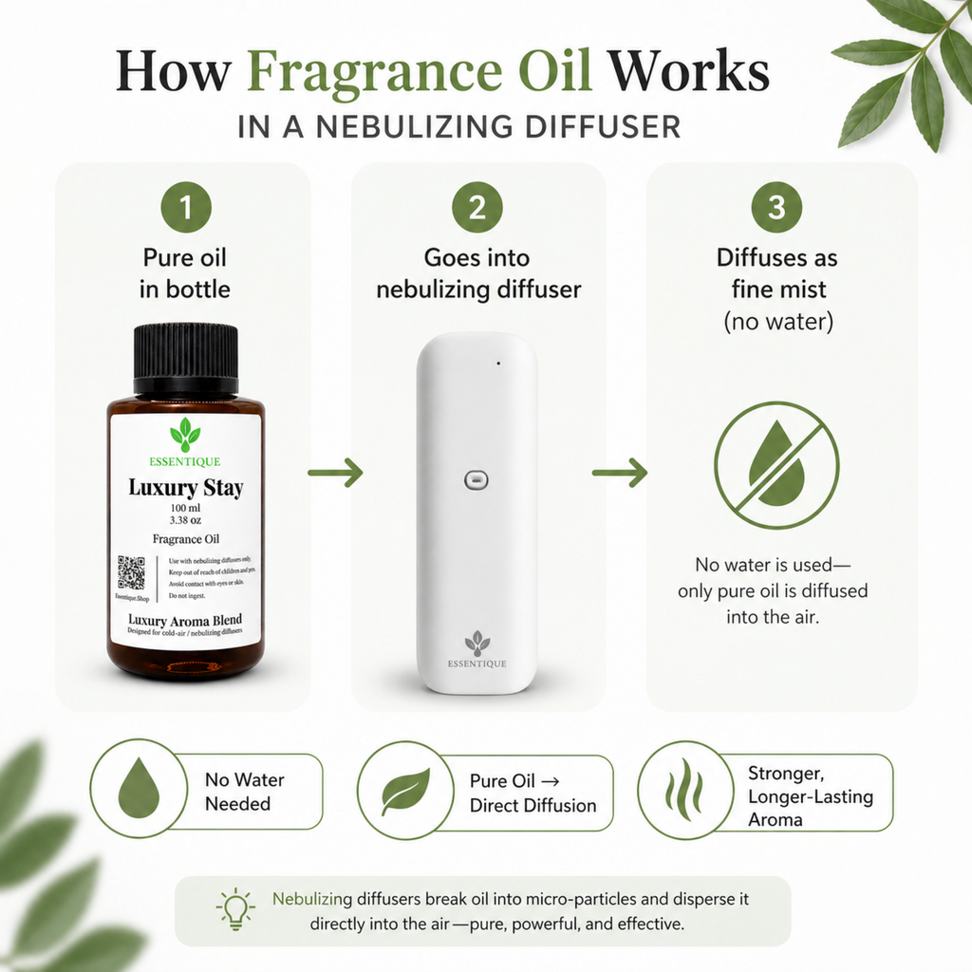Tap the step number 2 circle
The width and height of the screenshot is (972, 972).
point(477,207)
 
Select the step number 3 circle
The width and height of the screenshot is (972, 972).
point(776,207)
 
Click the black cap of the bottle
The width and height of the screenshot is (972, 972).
point(185,359)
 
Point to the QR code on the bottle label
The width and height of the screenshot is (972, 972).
point(131,572)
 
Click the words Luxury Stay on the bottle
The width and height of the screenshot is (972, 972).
point(185,489)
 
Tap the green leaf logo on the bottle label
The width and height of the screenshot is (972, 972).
point(185,435)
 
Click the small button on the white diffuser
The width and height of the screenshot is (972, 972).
point(475,481)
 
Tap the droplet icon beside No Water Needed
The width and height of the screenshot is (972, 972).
point(139,790)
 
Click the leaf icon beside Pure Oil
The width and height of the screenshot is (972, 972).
point(406,792)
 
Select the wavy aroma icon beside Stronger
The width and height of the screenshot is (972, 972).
point(684,790)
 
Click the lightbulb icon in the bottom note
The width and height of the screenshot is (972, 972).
point(235,909)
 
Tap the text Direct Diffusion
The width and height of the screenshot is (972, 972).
point(533,805)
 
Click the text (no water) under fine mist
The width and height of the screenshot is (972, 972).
point(778,321)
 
